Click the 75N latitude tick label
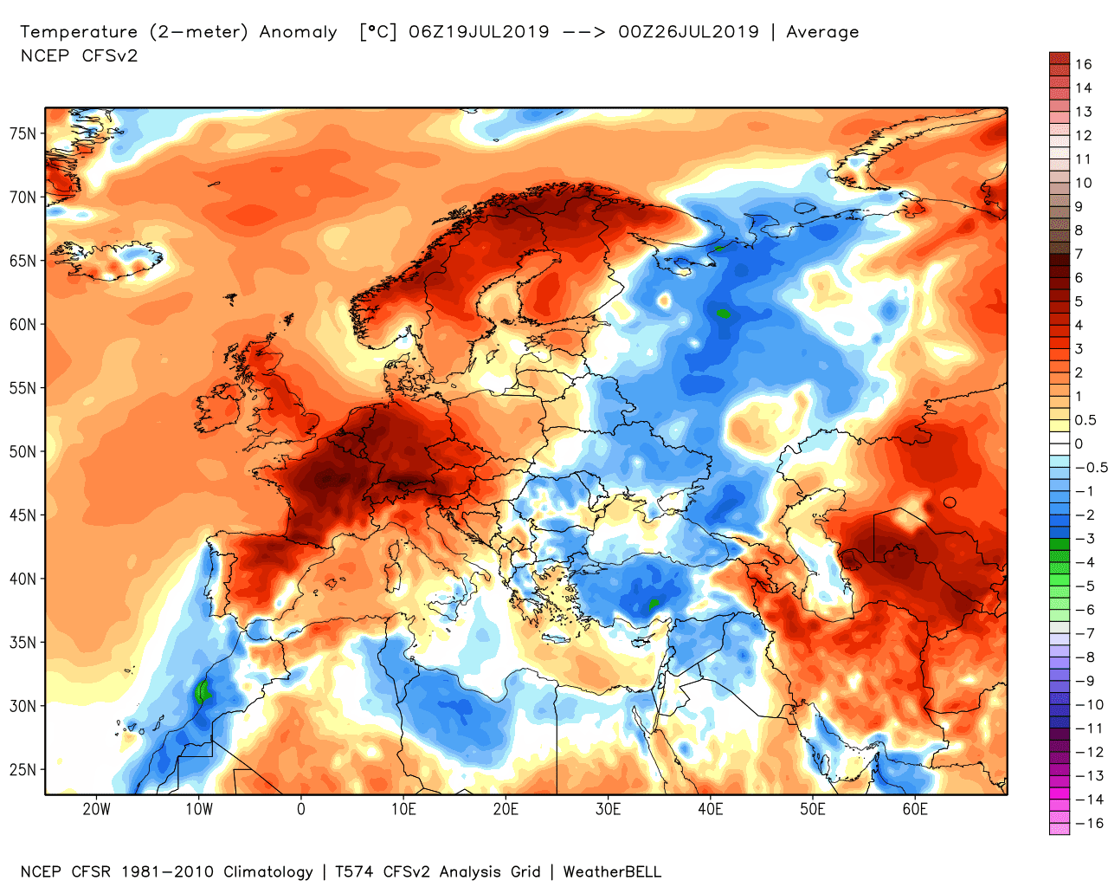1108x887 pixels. point(23,133)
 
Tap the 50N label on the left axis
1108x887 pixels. point(23,451)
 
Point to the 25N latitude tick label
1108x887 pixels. point(23,769)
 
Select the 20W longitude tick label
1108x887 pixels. point(96,809)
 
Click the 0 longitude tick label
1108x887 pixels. point(300,809)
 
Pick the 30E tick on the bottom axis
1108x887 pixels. point(608,809)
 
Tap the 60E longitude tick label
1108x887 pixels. point(915,809)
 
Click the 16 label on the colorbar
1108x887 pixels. point(1084,64)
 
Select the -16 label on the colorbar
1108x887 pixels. point(1090,823)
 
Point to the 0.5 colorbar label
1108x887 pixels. point(1085,420)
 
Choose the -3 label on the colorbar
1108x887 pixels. point(1085,539)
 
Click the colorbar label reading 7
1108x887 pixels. point(1079,254)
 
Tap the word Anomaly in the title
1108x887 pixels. point(298,32)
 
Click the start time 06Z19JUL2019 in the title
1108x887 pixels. point(479,32)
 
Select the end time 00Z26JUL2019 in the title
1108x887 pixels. point(688,32)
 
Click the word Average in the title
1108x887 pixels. point(822,32)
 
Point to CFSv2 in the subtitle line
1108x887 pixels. point(110,55)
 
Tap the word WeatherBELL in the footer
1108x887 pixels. point(612,871)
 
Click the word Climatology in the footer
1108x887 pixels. point(268,871)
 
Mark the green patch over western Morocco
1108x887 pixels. point(203,691)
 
